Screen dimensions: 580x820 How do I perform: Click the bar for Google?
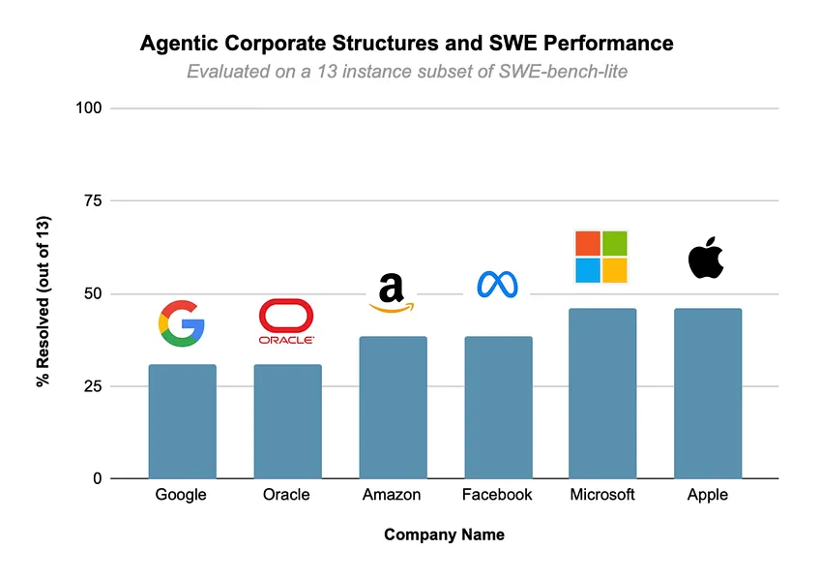(x=182, y=421)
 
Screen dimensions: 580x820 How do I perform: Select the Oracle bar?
(x=287, y=421)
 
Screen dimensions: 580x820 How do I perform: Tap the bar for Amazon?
(x=393, y=408)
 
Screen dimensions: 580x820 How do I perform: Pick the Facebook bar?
(x=498, y=408)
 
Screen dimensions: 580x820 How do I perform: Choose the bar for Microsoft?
(x=602, y=393)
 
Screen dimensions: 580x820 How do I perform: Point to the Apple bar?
(x=708, y=393)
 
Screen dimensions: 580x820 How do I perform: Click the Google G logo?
(x=182, y=323)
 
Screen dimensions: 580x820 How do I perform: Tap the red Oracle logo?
(x=287, y=321)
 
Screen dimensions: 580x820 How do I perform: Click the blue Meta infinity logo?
(x=498, y=284)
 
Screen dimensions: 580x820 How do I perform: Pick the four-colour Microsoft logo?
(x=601, y=257)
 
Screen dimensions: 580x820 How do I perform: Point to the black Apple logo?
(x=706, y=257)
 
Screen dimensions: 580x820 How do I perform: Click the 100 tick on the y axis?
(x=89, y=107)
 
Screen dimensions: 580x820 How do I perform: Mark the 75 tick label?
(x=93, y=200)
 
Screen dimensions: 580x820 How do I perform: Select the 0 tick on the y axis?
(x=97, y=478)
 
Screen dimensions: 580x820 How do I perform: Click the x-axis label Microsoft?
(x=602, y=495)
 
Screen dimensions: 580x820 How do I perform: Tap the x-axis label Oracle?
(x=287, y=495)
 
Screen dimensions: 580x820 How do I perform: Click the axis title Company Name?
(x=444, y=534)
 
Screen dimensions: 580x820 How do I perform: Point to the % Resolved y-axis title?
(x=44, y=302)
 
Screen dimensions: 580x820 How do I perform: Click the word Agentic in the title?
(x=176, y=44)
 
